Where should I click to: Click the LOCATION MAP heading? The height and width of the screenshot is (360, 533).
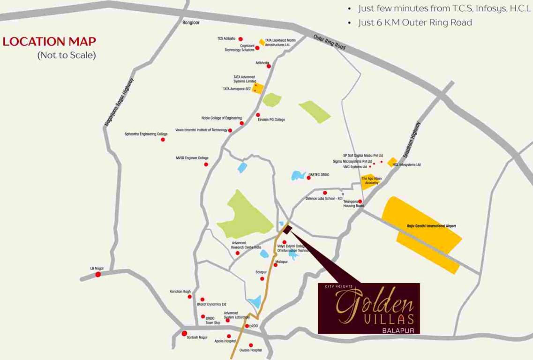pos(49,41)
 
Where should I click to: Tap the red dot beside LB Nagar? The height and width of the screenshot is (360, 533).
pos(98,274)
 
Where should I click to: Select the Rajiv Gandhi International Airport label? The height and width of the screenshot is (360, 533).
pos(431,226)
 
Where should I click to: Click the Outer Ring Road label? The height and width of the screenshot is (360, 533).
pos(329,42)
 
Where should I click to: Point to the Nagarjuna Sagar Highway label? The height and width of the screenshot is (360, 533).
pos(119,102)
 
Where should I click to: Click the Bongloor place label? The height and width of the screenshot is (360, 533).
pos(191,22)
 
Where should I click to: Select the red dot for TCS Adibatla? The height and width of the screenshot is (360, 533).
pos(240,39)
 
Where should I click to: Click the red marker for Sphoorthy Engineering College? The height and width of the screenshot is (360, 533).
pos(163,140)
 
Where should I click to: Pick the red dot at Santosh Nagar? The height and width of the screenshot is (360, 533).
pos(185,333)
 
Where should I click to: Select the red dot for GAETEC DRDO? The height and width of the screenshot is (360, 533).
pos(308,178)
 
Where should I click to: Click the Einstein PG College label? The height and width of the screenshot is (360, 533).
pos(271,120)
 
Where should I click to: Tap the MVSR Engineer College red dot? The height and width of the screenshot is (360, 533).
pos(206,165)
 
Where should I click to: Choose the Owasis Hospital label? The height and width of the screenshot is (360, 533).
pos(250,351)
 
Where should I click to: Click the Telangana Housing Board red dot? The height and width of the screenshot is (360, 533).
pos(360,202)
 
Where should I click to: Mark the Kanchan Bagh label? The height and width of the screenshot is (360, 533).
pos(180,292)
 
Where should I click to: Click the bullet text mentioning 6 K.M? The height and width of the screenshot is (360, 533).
pos(415,22)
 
